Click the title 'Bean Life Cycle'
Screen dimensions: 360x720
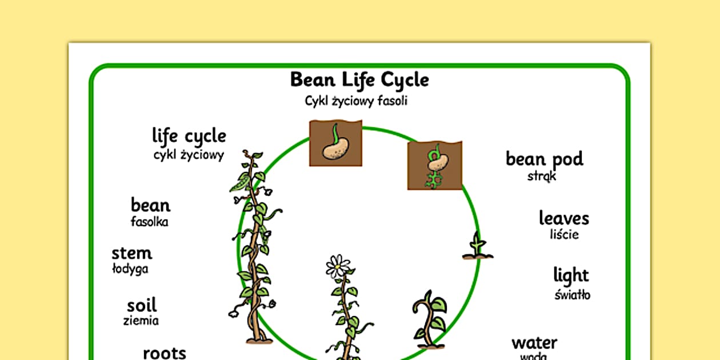point(359,80)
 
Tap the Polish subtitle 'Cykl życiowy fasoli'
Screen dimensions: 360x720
point(356,101)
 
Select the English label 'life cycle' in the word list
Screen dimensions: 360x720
point(189,137)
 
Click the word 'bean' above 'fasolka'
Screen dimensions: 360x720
point(150,205)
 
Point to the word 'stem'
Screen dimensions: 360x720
point(132,253)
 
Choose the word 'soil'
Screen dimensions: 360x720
point(141,305)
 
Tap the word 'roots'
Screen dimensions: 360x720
point(164,353)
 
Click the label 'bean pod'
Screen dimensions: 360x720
point(544,159)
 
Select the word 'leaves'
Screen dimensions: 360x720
point(563,218)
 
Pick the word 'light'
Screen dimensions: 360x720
point(571,275)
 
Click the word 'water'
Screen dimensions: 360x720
point(534,343)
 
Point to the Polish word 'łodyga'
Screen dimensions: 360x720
point(130,269)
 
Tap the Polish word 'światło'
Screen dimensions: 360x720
point(572,295)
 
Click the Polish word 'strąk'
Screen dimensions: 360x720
point(542,176)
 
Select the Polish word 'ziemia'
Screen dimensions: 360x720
point(141,321)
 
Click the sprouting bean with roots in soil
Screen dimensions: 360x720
point(437,166)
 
